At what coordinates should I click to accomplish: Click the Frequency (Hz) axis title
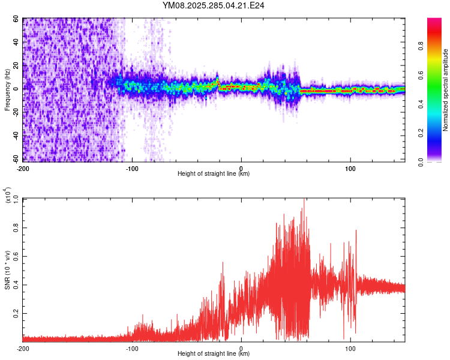tap(7, 90)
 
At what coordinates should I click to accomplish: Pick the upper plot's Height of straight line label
tap(214, 174)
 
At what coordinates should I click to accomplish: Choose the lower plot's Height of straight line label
tap(214, 354)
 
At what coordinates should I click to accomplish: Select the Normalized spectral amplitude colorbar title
tap(445, 90)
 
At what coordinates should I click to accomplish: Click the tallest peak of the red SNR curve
tap(304, 199)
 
